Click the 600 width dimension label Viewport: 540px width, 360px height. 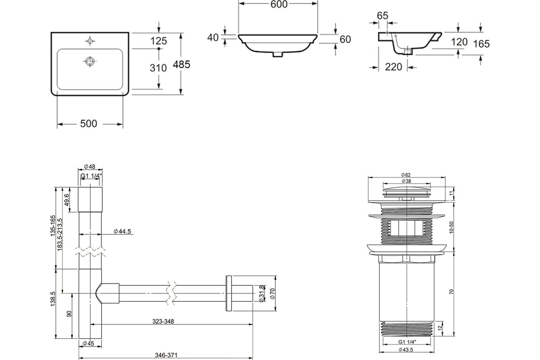point(279,4)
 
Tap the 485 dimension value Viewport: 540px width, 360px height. point(181,64)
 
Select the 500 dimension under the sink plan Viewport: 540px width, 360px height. point(89,123)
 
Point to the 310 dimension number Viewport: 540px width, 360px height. point(158,68)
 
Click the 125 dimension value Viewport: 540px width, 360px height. point(158,41)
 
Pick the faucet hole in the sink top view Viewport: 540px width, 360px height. point(90,41)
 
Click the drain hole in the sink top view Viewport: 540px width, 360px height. point(90,61)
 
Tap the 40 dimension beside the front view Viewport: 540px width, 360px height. point(212,37)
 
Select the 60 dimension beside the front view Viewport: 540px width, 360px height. point(345,39)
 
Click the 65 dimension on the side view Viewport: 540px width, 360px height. point(382,16)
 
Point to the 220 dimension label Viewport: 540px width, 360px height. point(393,67)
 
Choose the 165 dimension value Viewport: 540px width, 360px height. point(481,44)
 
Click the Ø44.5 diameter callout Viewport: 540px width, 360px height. point(122,231)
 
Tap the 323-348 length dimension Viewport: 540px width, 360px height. point(163,321)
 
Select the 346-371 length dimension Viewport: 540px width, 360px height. point(166,355)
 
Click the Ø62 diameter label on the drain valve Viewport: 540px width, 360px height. point(406,175)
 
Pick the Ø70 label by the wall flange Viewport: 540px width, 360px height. point(272,293)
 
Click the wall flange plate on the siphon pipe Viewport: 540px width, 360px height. point(229,293)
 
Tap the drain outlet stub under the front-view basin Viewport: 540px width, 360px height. point(278,54)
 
